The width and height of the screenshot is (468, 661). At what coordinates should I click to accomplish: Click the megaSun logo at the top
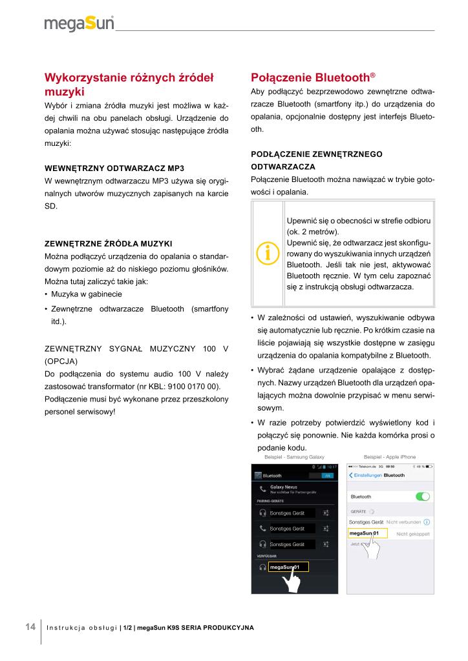(x=79, y=24)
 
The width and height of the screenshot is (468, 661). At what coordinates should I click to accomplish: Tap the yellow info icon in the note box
(x=268, y=253)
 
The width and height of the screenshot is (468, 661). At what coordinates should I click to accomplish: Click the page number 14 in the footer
(x=30, y=627)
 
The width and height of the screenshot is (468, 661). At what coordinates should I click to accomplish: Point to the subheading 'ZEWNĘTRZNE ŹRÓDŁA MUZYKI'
(x=107, y=243)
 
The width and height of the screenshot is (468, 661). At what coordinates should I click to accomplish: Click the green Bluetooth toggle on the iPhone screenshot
(x=423, y=496)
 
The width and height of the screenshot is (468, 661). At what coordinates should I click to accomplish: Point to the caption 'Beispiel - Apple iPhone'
(x=390, y=457)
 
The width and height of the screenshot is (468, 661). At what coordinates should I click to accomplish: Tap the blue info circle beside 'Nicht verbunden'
(x=427, y=521)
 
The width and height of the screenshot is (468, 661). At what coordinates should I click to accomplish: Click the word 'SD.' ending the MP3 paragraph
(x=50, y=206)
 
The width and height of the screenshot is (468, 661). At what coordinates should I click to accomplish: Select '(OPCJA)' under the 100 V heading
(x=61, y=361)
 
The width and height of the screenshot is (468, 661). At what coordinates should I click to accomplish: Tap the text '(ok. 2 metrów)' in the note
(x=313, y=232)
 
